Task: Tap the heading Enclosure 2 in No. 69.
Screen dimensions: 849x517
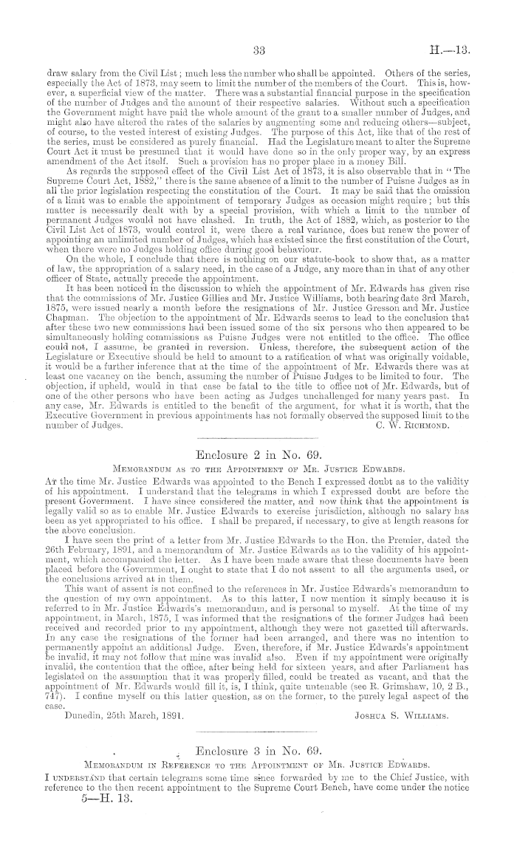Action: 258,453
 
